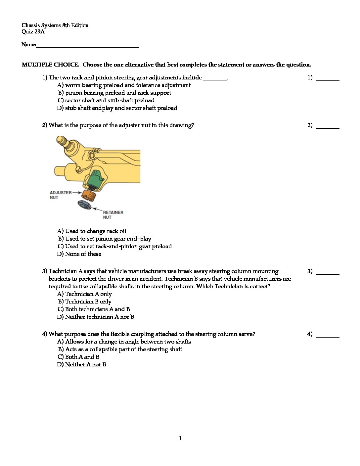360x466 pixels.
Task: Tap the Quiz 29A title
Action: click(x=33, y=32)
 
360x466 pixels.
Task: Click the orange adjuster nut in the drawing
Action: click(x=89, y=195)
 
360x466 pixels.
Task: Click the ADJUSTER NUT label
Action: click(x=60, y=195)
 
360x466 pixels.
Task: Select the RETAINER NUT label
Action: click(x=113, y=215)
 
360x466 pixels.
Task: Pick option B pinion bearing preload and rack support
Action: click(x=114, y=93)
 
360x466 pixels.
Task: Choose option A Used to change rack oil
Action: click(x=92, y=231)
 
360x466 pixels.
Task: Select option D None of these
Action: click(x=79, y=254)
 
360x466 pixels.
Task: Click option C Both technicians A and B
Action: click(x=94, y=309)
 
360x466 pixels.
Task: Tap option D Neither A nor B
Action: click(x=82, y=365)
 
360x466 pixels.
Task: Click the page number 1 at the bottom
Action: click(x=180, y=439)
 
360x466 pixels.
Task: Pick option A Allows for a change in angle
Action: click(x=124, y=342)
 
